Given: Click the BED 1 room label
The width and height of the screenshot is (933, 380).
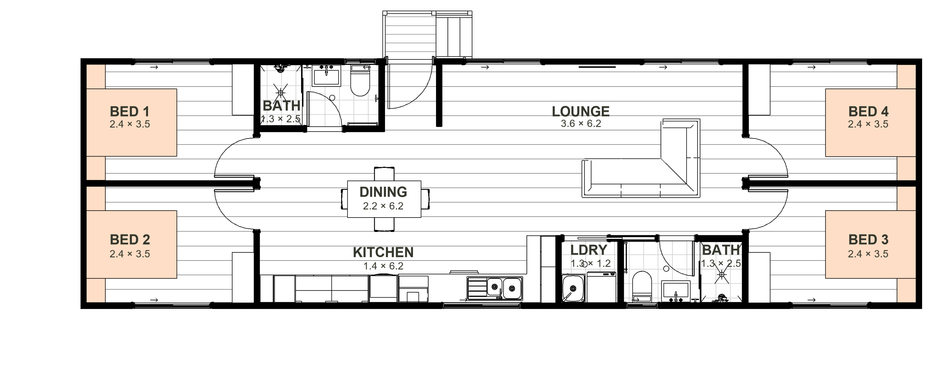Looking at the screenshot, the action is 130,112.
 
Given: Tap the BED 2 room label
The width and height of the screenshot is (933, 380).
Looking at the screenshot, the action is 130,240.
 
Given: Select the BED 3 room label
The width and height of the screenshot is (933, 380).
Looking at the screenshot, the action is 868,240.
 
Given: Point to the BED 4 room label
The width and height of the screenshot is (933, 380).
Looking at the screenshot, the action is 868,112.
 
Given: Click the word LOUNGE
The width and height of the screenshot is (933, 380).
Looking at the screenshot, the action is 581,111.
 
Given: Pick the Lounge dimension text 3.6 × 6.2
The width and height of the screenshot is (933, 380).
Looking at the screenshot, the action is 581,124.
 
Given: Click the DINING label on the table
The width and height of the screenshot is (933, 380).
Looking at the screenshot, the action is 383,192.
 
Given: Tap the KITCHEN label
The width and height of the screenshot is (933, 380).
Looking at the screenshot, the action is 383,252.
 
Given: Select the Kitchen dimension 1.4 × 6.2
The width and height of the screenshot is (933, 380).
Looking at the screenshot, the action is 383,266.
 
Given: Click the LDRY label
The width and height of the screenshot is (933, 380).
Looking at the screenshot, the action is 588,250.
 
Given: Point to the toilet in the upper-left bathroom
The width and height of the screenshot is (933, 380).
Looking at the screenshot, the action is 360,81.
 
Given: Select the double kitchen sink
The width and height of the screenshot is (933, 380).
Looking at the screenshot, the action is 495,288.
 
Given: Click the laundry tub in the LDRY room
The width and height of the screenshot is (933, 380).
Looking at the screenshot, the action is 573,288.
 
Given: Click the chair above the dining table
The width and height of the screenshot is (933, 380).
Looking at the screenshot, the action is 384,174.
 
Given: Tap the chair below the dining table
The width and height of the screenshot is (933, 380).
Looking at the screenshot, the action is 384,224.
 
